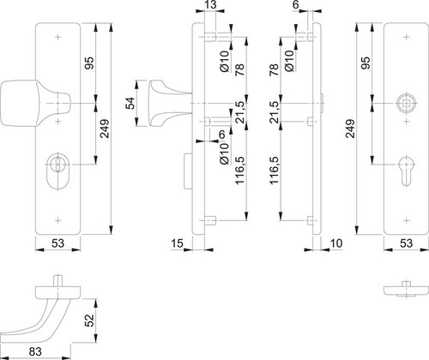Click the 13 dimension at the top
(x=210, y=5)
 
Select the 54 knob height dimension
(x=130, y=103)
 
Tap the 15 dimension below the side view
(x=177, y=243)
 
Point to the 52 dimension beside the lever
(x=89, y=321)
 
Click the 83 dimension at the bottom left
(x=35, y=351)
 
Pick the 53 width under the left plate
(x=58, y=243)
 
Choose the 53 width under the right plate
(x=406, y=243)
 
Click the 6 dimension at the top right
(x=296, y=5)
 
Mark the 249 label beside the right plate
(x=350, y=129)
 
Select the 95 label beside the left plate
(x=89, y=63)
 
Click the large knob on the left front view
(x=35, y=103)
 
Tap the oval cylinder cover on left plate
(x=58, y=171)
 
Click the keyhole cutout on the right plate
(x=406, y=171)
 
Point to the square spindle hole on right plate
(x=406, y=103)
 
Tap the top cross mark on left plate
(x=58, y=37)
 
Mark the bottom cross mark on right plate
(x=406, y=220)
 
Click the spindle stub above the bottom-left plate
(x=58, y=280)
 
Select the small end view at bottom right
(x=406, y=290)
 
